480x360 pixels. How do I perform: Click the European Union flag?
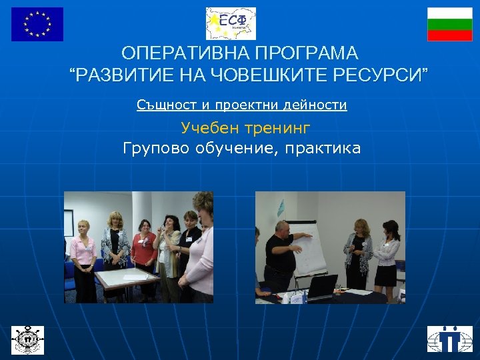(x=37, y=24)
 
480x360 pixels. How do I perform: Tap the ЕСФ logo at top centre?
(x=231, y=24)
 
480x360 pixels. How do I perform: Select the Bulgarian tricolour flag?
(x=449, y=24)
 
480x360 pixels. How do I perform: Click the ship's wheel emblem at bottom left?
(x=27, y=339)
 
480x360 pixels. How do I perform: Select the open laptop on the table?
(x=321, y=287)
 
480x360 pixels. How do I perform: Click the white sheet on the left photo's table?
(x=127, y=275)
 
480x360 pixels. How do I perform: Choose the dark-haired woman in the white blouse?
(x=387, y=257)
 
